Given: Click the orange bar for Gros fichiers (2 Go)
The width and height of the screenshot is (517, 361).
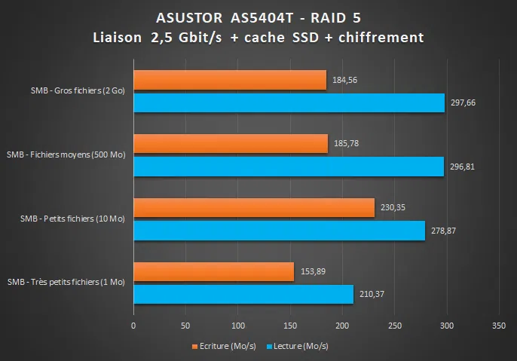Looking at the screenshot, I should click(230, 80).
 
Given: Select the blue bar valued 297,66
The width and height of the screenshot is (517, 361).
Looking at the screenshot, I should click(289, 102).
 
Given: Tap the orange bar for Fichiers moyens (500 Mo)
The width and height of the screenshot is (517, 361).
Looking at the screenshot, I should click(231, 144).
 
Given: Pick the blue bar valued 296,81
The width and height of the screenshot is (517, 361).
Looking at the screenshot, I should click(289, 167).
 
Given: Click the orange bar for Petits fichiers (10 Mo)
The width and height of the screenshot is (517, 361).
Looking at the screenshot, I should click(254, 208).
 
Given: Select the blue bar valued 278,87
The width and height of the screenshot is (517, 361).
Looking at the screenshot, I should click(279, 231).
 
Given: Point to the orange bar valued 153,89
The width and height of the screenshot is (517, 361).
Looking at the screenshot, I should click(213, 272).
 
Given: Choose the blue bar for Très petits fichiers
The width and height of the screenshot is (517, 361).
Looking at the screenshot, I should click(243, 295).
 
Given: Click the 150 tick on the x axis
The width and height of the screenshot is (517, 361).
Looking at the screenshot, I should click(289, 326).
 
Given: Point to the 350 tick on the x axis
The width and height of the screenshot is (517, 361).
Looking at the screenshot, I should click(498, 326).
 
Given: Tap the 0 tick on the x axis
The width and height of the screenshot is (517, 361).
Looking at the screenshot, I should click(133, 326).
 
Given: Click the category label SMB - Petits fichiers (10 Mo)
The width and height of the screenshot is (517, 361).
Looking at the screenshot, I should click(72, 219).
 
